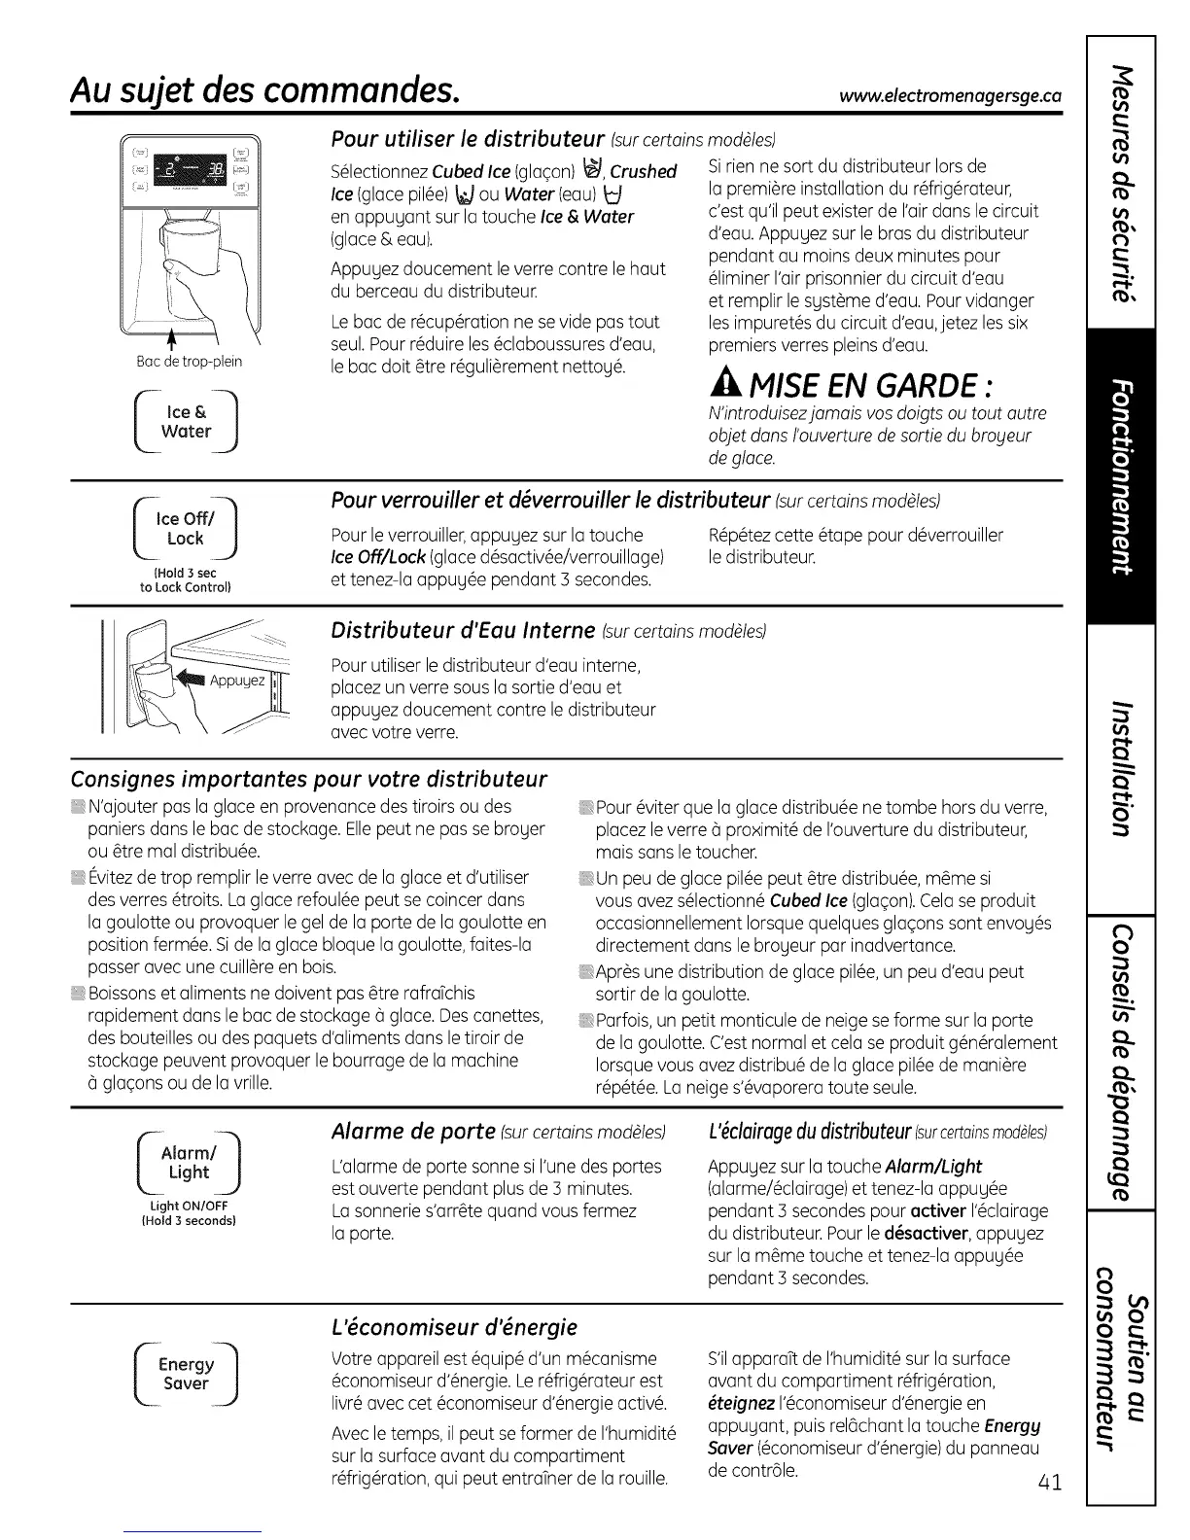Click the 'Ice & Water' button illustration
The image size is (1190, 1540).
(x=188, y=423)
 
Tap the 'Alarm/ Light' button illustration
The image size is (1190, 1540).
(x=188, y=1164)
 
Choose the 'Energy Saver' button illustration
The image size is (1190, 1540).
(x=186, y=1374)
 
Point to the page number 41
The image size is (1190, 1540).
(x=1048, y=1483)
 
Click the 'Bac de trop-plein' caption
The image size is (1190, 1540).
(x=190, y=362)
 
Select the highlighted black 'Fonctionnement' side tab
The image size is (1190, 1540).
(x=1121, y=476)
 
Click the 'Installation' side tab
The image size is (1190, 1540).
(x=1121, y=768)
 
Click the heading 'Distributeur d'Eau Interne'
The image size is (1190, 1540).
(x=463, y=630)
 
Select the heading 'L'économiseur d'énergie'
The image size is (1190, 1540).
(x=455, y=1327)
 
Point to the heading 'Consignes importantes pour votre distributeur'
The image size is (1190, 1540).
(x=309, y=780)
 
